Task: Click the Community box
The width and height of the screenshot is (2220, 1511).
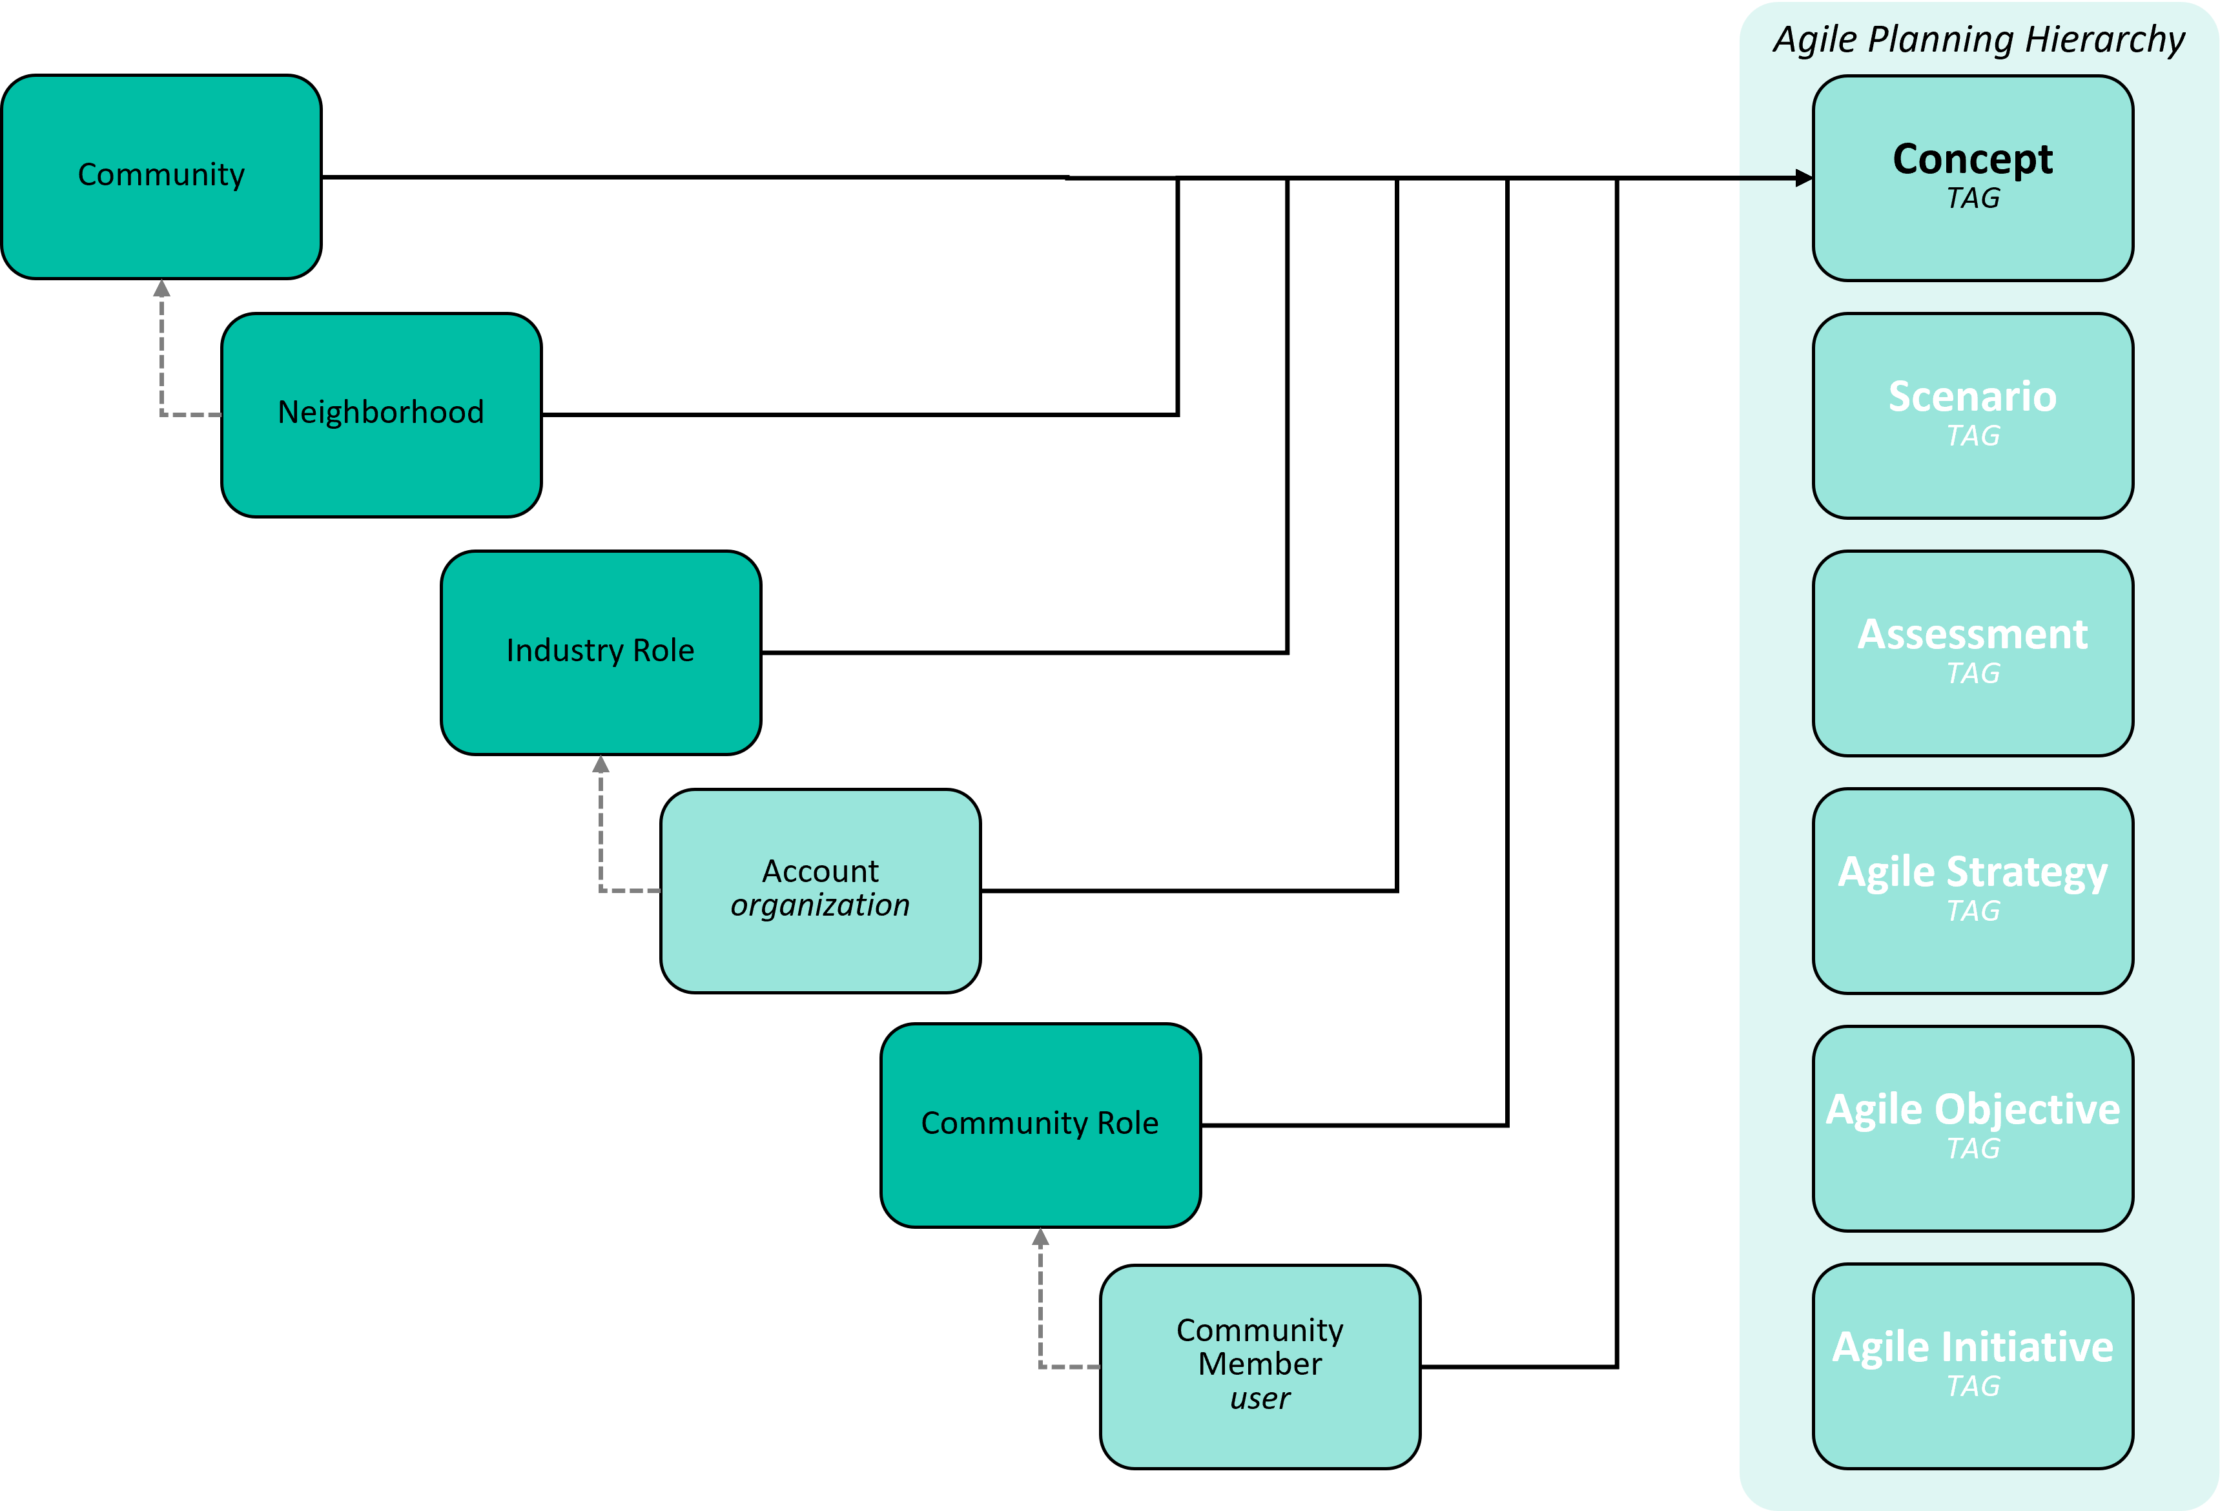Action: pos(161,177)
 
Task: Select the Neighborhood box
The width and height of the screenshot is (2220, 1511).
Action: pos(381,415)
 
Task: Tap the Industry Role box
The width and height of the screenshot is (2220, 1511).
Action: pos(601,652)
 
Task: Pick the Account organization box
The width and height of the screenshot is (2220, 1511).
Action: pos(821,890)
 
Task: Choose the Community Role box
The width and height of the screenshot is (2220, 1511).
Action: pos(1040,1125)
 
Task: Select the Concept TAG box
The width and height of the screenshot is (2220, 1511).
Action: pos(1973,178)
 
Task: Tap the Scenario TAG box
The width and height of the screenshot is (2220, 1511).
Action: pos(1973,415)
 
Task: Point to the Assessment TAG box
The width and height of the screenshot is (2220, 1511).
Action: pos(1973,653)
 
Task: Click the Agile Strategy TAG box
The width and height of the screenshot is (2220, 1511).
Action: pos(1973,891)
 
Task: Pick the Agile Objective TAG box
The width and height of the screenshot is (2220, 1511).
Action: pos(1973,1129)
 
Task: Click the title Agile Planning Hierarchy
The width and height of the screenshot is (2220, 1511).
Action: pos(1978,40)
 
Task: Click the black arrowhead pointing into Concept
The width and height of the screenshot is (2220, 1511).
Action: pos(1804,178)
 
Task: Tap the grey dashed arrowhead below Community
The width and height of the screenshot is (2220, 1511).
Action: pos(161,287)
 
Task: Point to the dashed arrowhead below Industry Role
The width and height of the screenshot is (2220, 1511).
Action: pos(601,764)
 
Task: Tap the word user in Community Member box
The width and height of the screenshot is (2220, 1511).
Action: pos(1260,1398)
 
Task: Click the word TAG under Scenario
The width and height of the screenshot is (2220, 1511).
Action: pos(1973,435)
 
